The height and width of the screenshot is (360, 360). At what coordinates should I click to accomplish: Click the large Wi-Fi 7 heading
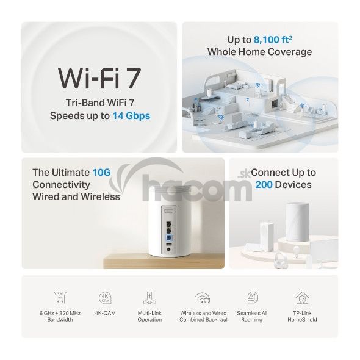(99, 79)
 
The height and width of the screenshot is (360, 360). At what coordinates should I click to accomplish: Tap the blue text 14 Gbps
(131, 116)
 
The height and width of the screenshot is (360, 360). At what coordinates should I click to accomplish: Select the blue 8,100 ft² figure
(273, 40)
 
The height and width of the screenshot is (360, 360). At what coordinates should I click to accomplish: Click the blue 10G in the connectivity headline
(101, 173)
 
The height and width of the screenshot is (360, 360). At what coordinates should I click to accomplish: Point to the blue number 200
(264, 185)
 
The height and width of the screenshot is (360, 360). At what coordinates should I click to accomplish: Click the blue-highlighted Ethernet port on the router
(169, 237)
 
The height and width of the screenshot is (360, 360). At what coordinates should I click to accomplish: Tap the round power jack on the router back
(169, 250)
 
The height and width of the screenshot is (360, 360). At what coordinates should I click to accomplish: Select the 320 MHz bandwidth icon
(60, 298)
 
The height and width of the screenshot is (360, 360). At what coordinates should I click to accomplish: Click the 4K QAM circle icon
(105, 298)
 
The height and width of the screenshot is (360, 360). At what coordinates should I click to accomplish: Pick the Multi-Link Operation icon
(149, 298)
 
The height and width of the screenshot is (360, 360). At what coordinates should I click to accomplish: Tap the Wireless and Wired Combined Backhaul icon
(203, 298)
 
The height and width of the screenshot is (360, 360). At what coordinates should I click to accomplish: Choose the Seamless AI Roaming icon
(253, 298)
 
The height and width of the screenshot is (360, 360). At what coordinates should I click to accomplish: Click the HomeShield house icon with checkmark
(302, 298)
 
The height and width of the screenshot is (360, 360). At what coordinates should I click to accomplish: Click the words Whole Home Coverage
(260, 52)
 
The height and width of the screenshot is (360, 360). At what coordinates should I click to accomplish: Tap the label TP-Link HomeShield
(302, 317)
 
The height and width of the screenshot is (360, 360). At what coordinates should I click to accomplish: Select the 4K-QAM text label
(106, 313)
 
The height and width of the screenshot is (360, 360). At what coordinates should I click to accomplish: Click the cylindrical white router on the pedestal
(297, 221)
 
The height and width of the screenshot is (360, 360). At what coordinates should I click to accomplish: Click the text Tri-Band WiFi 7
(100, 103)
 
